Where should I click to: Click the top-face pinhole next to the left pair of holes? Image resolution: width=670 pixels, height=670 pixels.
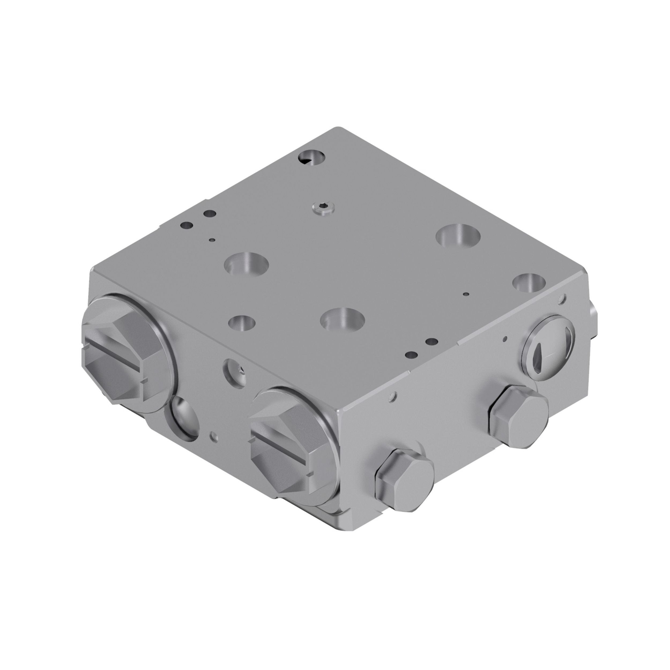click(211, 239)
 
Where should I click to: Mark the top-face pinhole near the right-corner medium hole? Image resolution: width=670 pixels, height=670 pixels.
click(466, 294)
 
